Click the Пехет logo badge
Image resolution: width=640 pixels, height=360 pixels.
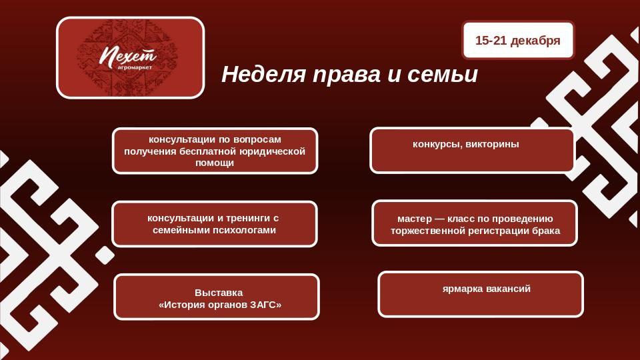click(x=130, y=58)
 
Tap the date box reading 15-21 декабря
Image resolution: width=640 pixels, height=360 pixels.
click(x=518, y=41)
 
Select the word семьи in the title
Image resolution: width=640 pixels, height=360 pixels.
click(x=448, y=75)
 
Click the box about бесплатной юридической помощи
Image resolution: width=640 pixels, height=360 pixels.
click(x=215, y=151)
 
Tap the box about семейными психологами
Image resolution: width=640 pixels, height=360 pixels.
click(x=214, y=224)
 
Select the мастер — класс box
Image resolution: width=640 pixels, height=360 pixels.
click(x=475, y=223)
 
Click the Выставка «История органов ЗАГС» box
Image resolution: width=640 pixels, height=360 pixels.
click(x=217, y=297)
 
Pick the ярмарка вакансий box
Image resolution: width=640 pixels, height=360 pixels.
click(x=481, y=294)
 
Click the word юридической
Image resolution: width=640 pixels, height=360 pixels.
click(x=269, y=151)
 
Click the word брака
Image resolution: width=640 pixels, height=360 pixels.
click(x=546, y=231)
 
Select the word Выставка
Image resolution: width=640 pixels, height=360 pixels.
click(x=219, y=293)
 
